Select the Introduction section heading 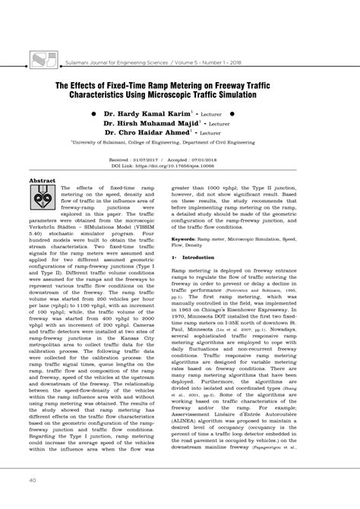(x=199, y=258)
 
